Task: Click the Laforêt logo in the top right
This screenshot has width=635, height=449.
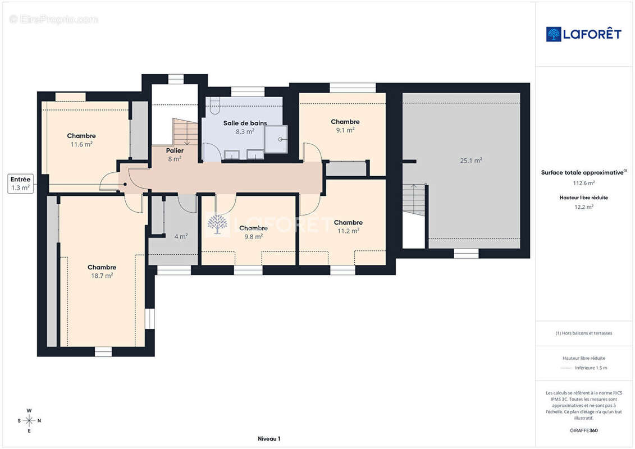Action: point(583,34)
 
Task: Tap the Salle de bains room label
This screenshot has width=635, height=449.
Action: point(245,123)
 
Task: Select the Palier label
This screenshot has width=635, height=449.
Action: point(175,150)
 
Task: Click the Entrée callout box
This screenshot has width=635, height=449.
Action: point(20,184)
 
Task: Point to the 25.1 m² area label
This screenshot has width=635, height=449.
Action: point(471,161)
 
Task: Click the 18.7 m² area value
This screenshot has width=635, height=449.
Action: point(102,276)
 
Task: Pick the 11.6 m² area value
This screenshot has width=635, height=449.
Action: point(81,144)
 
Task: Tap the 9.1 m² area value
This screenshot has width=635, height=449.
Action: point(345,130)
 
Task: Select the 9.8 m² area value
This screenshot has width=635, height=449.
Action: point(254,236)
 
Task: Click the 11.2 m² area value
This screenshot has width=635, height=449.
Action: point(348,231)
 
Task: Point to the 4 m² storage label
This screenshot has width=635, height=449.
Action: point(181,236)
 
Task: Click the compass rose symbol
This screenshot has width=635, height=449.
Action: point(29,421)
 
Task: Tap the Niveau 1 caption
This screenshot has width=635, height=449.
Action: point(269,438)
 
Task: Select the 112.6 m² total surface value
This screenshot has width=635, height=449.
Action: point(583,183)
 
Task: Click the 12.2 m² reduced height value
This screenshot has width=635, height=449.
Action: point(583,207)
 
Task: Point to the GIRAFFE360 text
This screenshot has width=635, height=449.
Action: point(583,430)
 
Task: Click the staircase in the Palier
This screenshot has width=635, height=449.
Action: point(185,131)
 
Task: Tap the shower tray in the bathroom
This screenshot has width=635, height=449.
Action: point(276,139)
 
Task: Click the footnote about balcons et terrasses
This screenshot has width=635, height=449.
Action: point(583,333)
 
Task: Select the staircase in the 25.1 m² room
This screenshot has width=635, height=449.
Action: point(414,200)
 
